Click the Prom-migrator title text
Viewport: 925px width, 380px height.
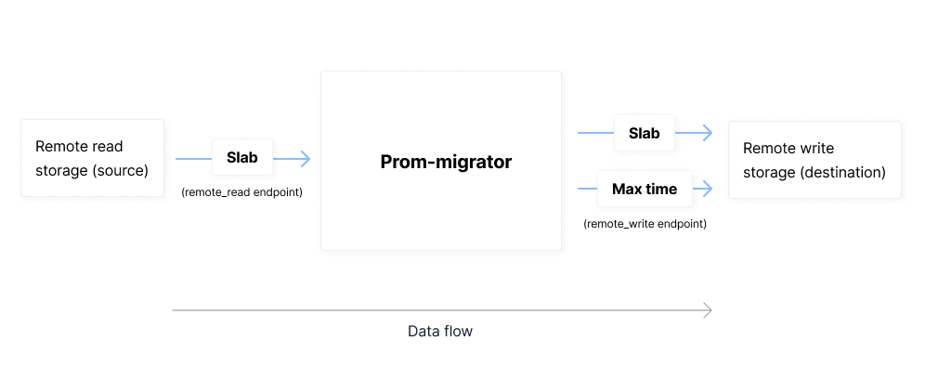click(446, 162)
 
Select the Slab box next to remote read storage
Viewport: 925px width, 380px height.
click(242, 158)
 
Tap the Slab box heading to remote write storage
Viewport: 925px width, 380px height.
click(644, 133)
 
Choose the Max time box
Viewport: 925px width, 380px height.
click(644, 189)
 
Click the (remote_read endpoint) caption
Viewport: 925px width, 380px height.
click(242, 192)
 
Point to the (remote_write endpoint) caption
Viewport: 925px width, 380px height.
click(645, 224)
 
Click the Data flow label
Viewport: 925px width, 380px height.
click(440, 331)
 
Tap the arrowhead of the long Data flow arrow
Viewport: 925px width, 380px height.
click(708, 309)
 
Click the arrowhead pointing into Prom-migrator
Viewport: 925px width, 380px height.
click(306, 159)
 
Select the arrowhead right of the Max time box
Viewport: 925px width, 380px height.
click(708, 189)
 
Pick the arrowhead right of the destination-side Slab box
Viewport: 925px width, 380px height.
click(708, 133)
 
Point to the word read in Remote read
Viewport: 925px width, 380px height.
click(107, 146)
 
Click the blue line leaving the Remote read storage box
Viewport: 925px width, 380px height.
click(193, 159)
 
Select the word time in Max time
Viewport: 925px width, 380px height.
click(661, 189)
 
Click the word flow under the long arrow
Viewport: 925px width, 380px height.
click(457, 331)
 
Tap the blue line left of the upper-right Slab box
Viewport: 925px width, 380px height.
click(594, 133)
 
